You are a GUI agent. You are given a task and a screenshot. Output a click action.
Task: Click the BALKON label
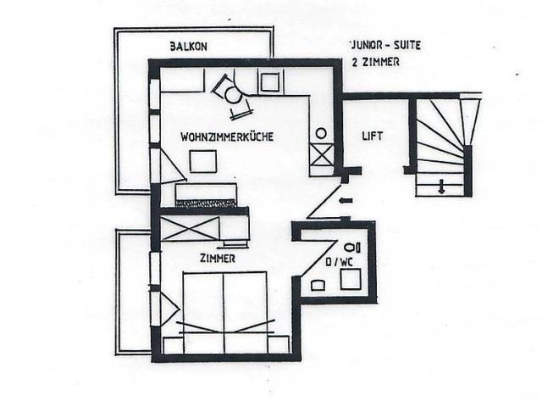click(188, 47)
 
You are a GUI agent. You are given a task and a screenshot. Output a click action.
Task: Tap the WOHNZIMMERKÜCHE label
click(227, 137)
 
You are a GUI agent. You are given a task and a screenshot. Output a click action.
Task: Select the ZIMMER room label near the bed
click(218, 259)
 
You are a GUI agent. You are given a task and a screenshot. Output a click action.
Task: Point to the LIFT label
click(373, 136)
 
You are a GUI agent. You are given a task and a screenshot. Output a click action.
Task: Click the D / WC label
click(340, 262)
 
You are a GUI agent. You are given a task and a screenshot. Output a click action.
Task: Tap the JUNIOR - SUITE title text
click(385, 45)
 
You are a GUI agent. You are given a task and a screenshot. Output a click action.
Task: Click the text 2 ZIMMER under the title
click(375, 62)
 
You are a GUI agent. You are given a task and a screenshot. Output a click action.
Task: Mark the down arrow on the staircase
click(441, 187)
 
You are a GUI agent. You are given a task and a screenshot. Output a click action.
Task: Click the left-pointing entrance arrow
click(346, 200)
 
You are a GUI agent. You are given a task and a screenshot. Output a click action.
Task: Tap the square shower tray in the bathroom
click(351, 279)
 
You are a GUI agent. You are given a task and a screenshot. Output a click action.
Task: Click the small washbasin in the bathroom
click(318, 286)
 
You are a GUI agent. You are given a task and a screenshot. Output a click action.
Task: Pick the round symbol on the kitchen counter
click(321, 133)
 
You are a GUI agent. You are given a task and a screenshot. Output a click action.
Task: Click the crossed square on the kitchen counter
click(322, 154)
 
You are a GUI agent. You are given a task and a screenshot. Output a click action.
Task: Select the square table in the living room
click(203, 161)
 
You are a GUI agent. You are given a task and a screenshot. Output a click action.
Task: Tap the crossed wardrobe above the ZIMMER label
click(190, 228)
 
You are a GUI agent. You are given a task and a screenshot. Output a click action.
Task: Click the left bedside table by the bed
click(173, 345)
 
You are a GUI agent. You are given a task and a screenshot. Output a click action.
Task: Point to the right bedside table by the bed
click(278, 345)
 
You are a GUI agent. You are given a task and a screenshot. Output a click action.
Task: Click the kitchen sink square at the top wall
click(269, 82)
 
